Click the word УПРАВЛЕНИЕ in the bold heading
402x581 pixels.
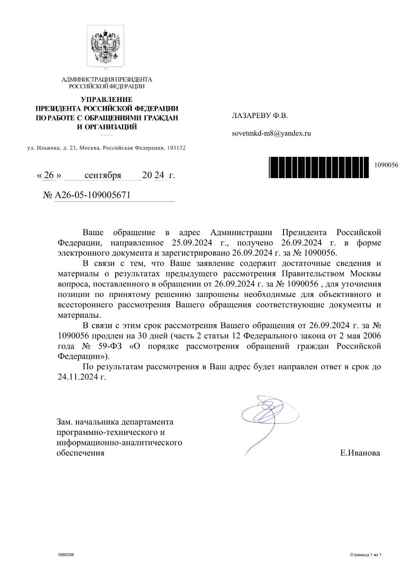tap(106, 100)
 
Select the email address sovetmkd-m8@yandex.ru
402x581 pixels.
tap(271, 134)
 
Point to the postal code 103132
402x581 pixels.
tap(176, 148)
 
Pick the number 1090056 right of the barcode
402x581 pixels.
tap(386, 165)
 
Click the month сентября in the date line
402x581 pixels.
tap(103, 175)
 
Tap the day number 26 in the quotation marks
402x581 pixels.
tap(49, 175)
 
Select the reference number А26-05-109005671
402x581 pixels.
tap(92, 195)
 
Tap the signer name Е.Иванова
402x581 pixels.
tap(360, 453)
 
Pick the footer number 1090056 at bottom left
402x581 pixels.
tap(65, 555)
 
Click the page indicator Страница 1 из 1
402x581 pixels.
tap(365, 555)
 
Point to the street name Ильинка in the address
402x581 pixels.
tap(48, 148)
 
